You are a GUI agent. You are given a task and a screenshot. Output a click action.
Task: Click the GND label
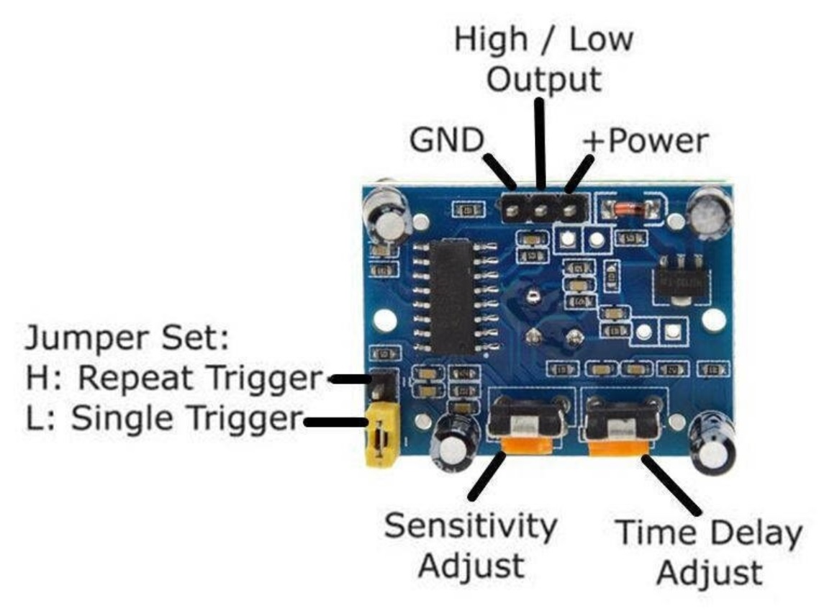click(447, 140)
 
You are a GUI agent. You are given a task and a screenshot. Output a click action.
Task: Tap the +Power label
click(646, 141)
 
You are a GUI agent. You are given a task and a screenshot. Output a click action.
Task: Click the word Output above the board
click(544, 80)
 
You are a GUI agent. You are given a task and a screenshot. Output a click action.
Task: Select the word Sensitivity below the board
click(470, 526)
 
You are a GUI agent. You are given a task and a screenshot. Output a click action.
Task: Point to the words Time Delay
click(709, 533)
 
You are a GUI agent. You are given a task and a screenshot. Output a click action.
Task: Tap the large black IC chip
click(453, 297)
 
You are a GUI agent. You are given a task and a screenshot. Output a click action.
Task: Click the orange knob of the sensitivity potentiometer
click(528, 445)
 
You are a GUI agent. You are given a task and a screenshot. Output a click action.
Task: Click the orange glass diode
click(628, 208)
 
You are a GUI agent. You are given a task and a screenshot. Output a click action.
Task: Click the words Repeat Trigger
click(200, 379)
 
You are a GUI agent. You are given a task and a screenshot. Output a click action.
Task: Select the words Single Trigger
click(187, 418)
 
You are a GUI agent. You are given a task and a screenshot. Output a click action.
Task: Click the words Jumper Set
click(127, 338)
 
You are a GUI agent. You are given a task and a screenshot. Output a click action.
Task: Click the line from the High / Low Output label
click(540, 144)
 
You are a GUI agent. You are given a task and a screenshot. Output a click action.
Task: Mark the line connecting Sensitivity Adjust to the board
click(487, 476)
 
